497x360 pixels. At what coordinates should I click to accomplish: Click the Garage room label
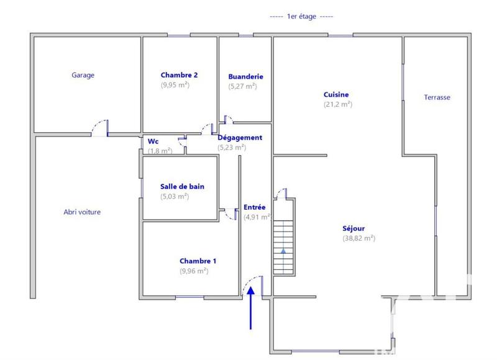(83, 75)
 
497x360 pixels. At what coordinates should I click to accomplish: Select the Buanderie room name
(245, 76)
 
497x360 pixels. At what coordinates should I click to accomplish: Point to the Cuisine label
(336, 94)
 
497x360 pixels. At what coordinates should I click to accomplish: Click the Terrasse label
(437, 97)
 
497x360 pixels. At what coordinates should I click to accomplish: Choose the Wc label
(153, 141)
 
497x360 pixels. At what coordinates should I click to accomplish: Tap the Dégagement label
(239, 137)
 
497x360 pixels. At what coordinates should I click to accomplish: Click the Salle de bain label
(182, 186)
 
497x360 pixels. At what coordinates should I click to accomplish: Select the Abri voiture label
(82, 212)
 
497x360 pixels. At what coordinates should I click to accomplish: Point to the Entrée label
(254, 207)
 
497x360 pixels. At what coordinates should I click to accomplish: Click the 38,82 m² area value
(358, 238)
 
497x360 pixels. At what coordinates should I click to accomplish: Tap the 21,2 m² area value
(337, 104)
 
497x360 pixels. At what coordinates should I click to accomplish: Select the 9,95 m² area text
(175, 85)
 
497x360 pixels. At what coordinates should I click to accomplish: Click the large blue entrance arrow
(251, 307)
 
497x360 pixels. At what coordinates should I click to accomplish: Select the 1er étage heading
(301, 17)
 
